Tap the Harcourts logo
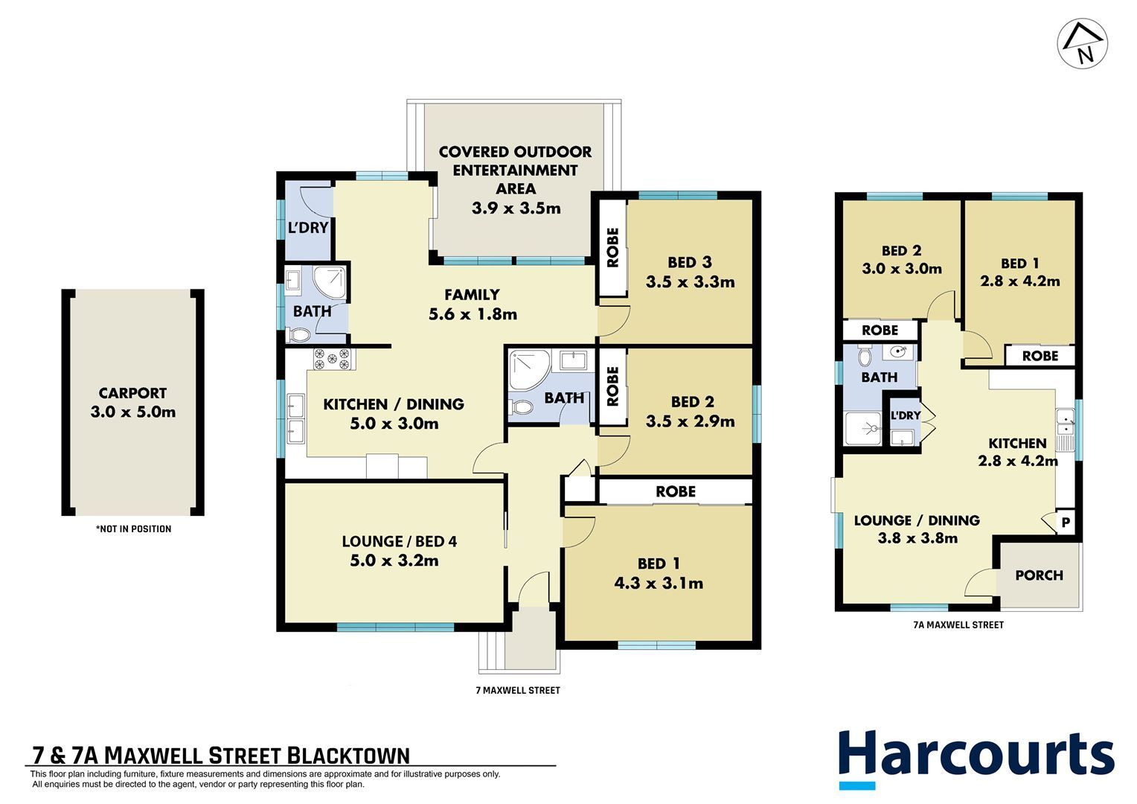click(x=976, y=759)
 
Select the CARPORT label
click(x=132, y=393)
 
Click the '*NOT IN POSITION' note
click(x=133, y=529)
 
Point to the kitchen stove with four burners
click(x=333, y=359)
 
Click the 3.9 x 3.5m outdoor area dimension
click(x=516, y=208)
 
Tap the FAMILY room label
click(x=472, y=295)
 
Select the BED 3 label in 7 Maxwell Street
click(x=689, y=262)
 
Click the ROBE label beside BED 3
click(x=612, y=247)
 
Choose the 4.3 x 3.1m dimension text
click(x=659, y=583)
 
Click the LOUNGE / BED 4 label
click(x=400, y=541)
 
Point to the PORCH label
click(x=1039, y=575)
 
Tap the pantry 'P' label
click(x=1066, y=522)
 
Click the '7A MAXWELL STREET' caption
click(x=958, y=625)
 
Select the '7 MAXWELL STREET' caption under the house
click(x=518, y=690)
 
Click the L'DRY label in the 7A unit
click(x=906, y=415)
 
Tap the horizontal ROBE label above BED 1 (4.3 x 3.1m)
click(x=676, y=491)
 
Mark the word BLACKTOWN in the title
click(x=347, y=756)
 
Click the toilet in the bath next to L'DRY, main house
click(x=298, y=335)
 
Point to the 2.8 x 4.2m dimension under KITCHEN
click(x=1018, y=461)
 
